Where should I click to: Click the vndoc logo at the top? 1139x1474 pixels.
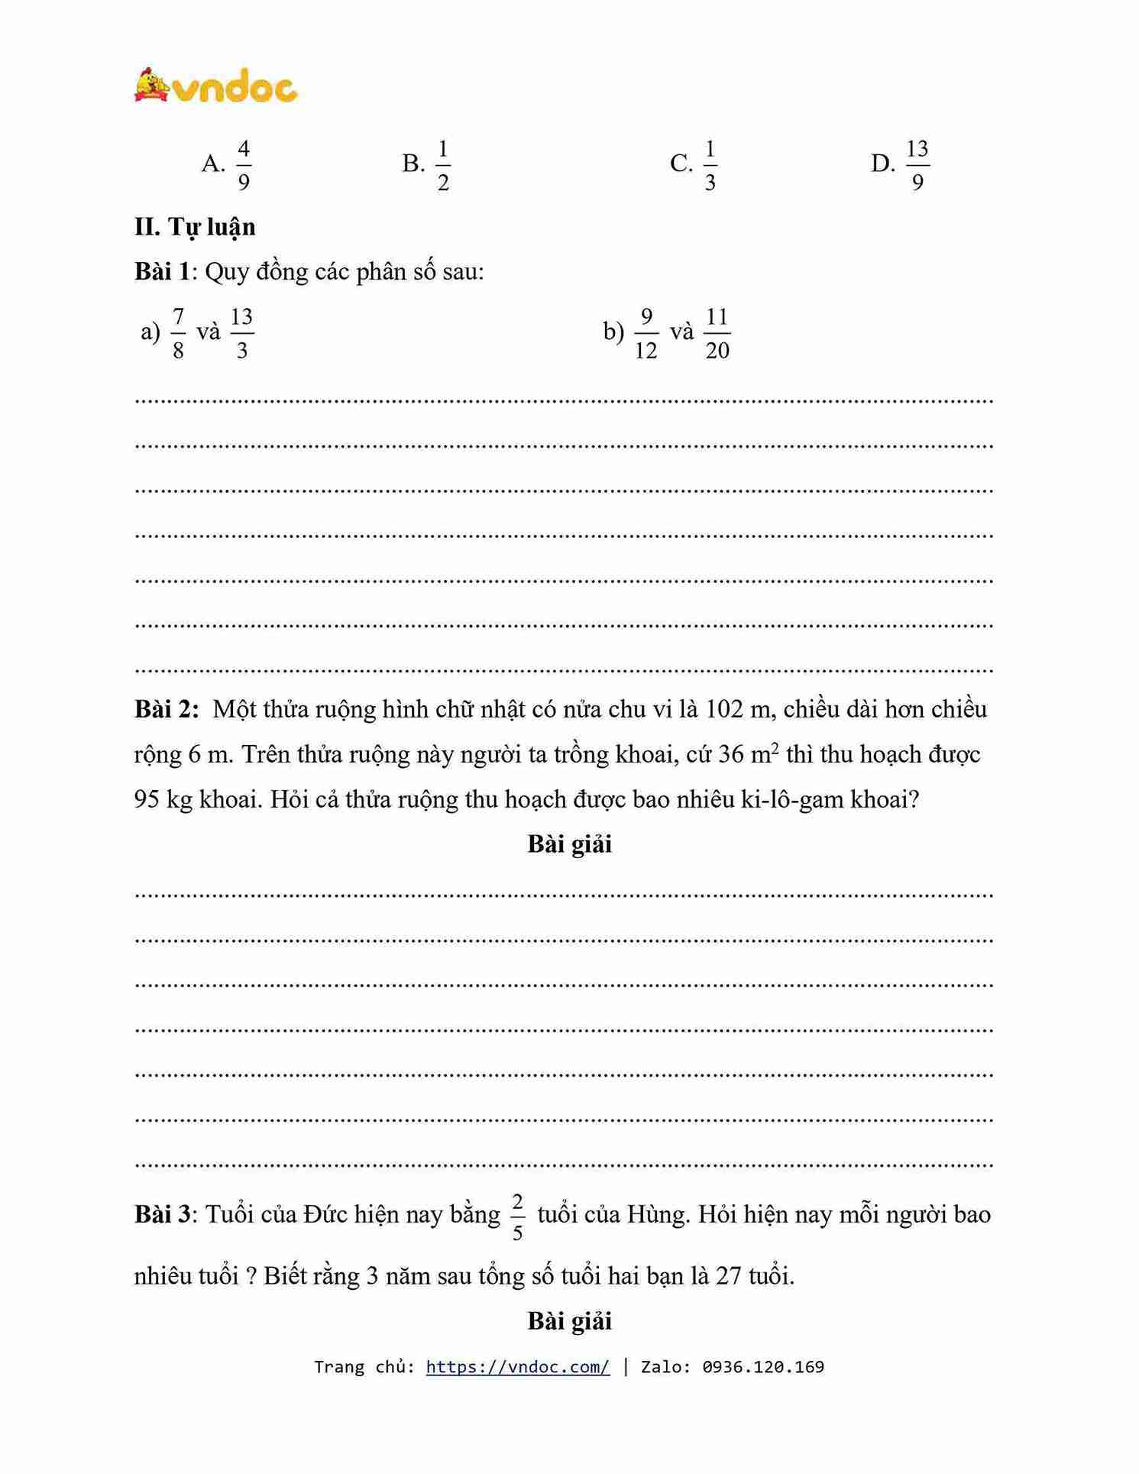click(216, 86)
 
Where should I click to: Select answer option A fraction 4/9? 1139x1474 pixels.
click(243, 164)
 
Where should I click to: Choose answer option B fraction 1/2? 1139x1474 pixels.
click(442, 164)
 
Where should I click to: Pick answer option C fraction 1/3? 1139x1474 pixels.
click(710, 164)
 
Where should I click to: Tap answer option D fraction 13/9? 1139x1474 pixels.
click(917, 164)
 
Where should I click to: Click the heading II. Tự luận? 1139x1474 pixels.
click(195, 227)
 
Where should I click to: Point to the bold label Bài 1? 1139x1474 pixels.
click(161, 271)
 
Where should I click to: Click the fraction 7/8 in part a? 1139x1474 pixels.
click(178, 333)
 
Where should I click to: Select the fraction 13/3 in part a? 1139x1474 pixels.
click(241, 333)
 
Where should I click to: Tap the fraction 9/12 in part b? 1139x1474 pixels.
click(646, 333)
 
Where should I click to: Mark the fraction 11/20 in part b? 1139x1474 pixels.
click(717, 333)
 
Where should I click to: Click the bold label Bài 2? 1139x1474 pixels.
click(166, 709)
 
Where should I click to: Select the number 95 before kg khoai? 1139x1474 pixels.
click(147, 799)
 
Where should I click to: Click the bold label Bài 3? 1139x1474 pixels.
click(162, 1214)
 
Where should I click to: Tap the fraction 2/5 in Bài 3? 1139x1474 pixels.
click(517, 1217)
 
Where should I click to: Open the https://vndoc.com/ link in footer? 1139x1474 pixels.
click(518, 1367)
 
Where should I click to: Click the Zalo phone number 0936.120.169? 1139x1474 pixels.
click(763, 1367)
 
